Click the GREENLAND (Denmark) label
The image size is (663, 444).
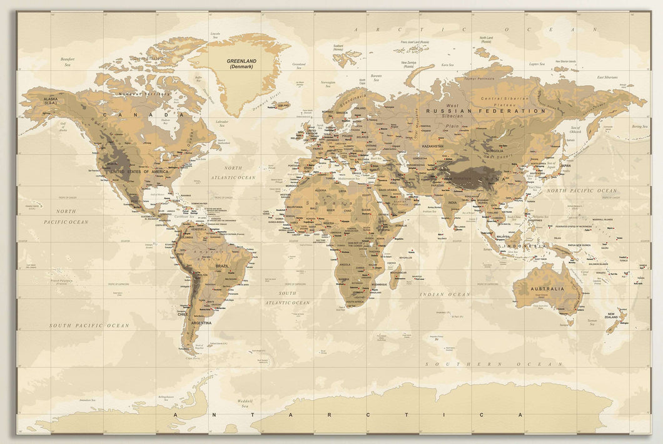(240, 63)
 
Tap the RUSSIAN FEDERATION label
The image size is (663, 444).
(485, 111)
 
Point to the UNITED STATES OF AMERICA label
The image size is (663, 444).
(139, 171)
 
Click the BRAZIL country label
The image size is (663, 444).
(222, 266)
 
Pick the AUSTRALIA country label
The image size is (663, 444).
(547, 289)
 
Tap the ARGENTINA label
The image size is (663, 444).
(201, 323)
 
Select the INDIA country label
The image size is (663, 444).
(452, 202)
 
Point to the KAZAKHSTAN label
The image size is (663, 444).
(432, 146)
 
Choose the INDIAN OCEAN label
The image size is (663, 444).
(445, 294)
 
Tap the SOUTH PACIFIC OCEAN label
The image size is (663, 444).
(89, 326)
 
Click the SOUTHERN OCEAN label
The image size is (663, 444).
(494, 364)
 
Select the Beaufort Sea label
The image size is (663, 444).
(68, 61)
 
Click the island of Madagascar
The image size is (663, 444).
(395, 276)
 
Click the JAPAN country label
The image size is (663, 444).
(565, 166)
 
